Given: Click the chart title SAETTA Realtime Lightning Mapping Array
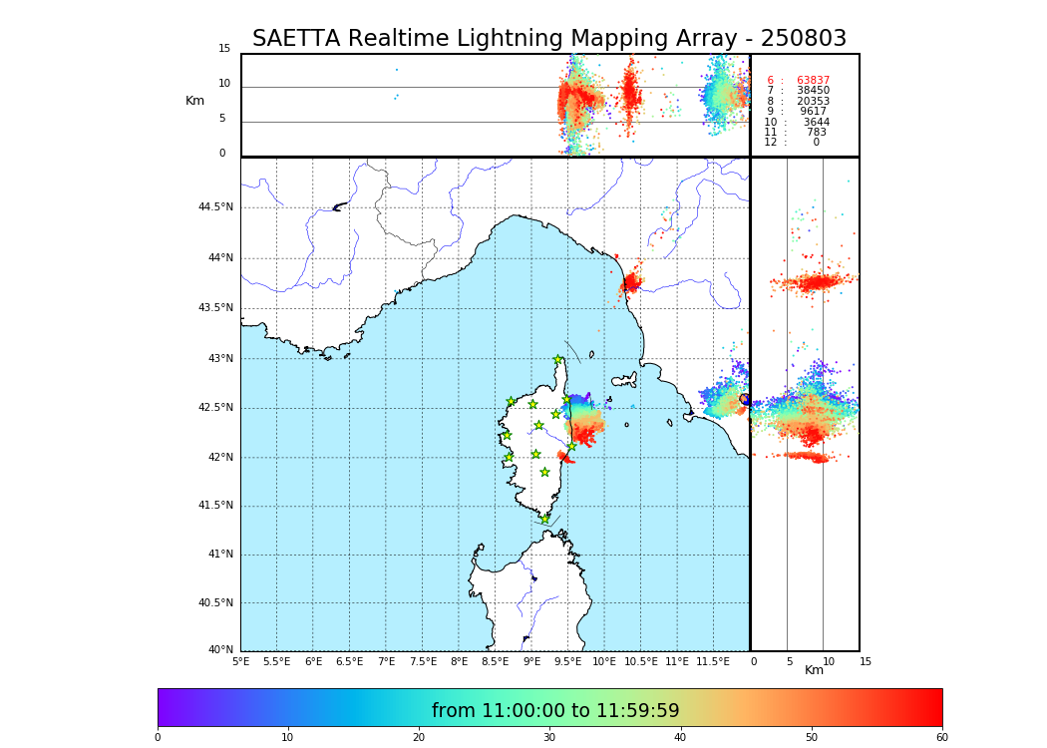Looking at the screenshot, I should tap(548, 39).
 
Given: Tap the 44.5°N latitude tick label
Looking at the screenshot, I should tap(215, 207).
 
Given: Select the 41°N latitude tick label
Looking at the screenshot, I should tap(220, 555).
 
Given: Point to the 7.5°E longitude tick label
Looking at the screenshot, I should tap(422, 661).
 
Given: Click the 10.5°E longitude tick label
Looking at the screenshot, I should tap(640, 661).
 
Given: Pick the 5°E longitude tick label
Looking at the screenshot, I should tap(240, 661).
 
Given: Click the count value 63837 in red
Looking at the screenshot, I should tap(813, 81).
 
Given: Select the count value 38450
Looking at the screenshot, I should tap(813, 91).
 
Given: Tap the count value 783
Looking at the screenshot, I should tap(816, 133).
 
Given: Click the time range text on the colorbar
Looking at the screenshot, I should tap(555, 711).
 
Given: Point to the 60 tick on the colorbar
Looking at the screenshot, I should tap(941, 738).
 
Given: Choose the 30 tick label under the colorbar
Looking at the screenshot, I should tap(549, 738).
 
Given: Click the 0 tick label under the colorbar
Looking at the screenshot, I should tap(158, 738).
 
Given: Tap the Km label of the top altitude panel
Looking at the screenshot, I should tap(194, 101).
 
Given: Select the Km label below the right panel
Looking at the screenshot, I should tap(814, 670).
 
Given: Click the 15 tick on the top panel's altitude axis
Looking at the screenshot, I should tap(224, 49).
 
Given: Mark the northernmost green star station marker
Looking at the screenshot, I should tap(558, 360).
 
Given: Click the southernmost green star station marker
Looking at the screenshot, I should tap(544, 519).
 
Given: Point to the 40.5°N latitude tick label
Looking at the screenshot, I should tap(215, 603).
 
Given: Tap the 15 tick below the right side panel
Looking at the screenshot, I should tap(866, 661).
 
